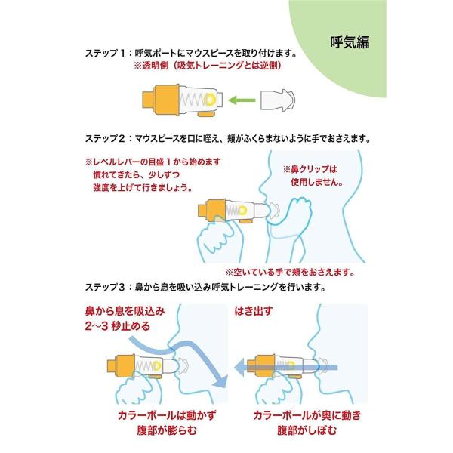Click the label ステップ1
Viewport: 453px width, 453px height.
[106, 55]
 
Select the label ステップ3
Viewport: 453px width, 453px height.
[106, 287]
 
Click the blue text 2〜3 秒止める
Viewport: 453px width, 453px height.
[112, 327]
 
